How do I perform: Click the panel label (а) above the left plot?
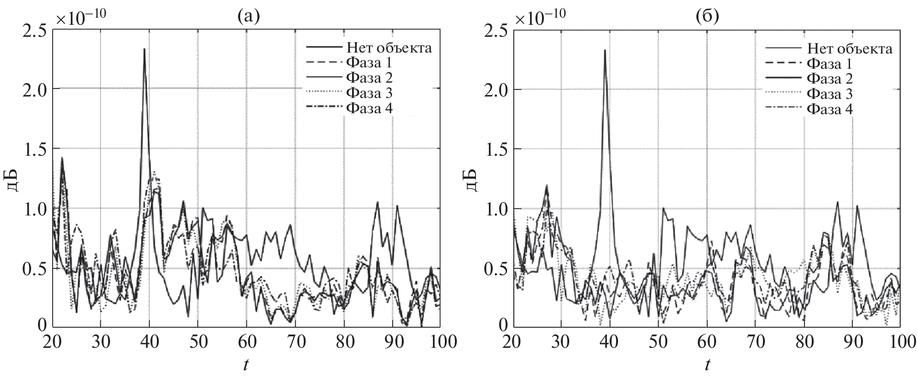248,18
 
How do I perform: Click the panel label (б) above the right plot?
707,18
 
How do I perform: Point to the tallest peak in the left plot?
144,49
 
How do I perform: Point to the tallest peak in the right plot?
605,50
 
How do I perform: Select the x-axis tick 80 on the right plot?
804,343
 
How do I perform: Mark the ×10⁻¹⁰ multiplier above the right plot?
541,18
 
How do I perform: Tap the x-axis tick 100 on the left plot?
440,343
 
